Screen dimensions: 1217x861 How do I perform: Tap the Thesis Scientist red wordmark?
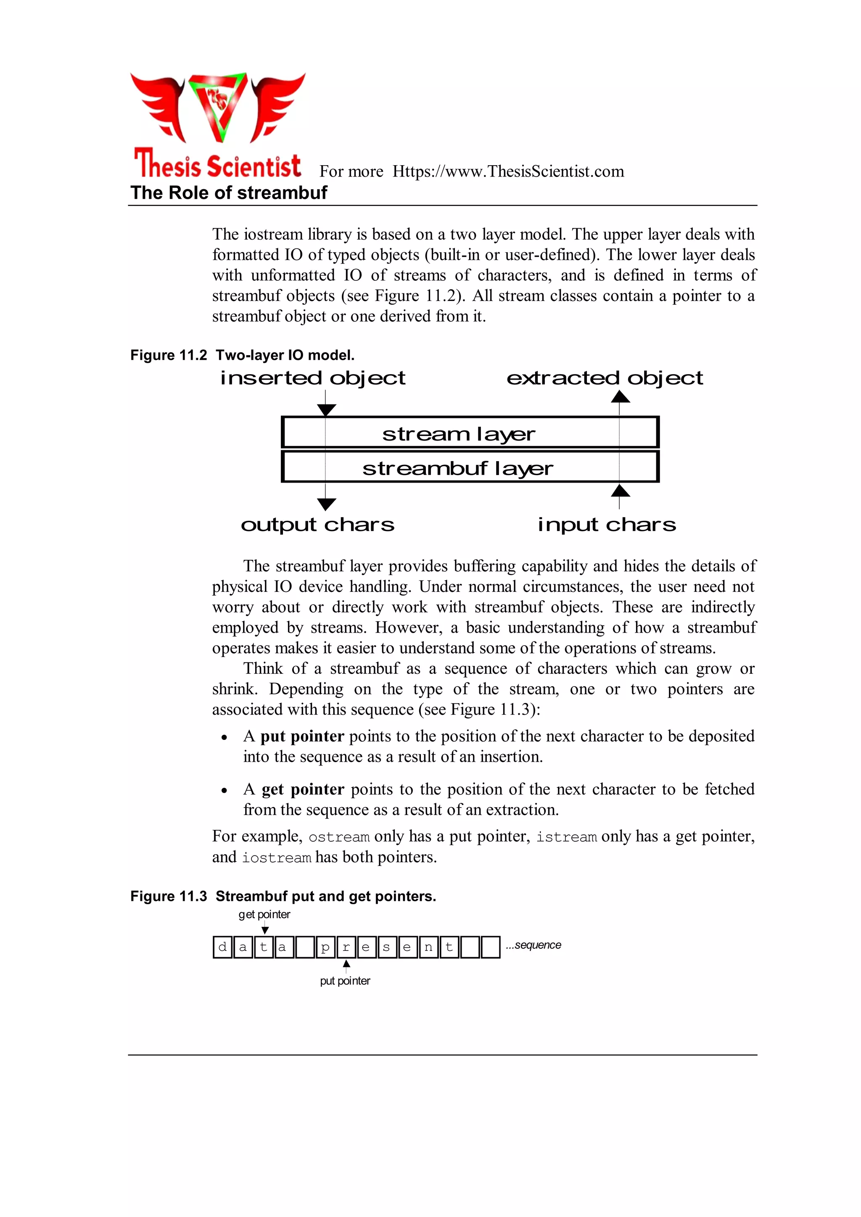click(217, 164)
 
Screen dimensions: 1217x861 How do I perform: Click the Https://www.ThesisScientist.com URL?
click(508, 171)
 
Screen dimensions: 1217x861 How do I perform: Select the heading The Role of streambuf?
click(229, 193)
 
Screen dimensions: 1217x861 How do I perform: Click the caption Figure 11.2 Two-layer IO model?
click(242, 355)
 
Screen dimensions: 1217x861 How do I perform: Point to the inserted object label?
click(313, 378)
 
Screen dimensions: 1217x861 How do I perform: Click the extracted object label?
click(605, 378)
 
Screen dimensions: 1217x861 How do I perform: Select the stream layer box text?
click(459, 434)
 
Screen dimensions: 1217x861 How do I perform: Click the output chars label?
click(317, 524)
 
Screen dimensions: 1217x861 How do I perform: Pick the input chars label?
click(607, 524)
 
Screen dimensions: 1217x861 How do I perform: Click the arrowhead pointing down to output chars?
click(327, 504)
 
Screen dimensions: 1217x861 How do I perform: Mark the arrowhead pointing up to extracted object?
click(620, 396)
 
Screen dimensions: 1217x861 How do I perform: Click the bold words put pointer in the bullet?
click(302, 736)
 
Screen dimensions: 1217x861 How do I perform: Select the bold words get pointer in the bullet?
click(303, 789)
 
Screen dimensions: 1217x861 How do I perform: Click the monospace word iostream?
click(276, 858)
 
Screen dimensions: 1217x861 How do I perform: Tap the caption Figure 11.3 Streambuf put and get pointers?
click(283, 896)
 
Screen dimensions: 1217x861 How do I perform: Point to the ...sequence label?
click(534, 945)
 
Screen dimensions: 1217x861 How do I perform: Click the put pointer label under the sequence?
click(345, 981)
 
